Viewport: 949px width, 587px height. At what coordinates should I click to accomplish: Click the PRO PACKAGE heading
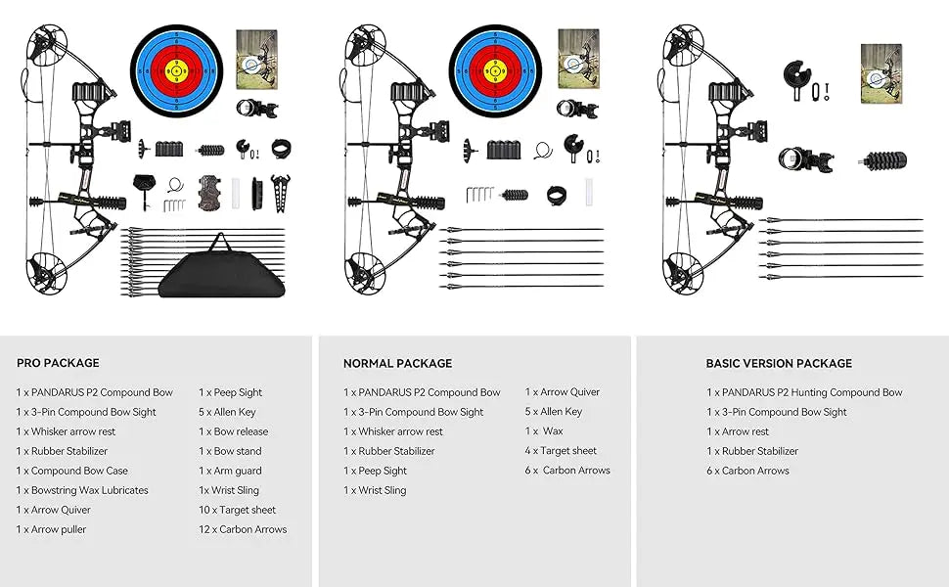(58, 363)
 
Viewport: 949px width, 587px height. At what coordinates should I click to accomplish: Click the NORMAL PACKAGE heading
(397, 363)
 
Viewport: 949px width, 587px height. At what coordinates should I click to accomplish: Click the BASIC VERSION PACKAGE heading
(779, 363)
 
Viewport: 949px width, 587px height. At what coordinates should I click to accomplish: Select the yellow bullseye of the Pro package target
(176, 70)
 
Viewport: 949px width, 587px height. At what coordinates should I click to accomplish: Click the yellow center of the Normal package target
(496, 70)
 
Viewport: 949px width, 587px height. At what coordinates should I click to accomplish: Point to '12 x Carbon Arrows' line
(243, 529)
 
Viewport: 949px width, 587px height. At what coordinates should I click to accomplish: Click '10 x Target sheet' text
(237, 510)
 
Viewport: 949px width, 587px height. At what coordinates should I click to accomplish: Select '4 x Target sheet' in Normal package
(561, 451)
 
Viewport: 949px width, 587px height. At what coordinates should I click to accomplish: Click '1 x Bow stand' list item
(230, 451)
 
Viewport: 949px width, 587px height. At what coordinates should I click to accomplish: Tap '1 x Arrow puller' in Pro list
(51, 529)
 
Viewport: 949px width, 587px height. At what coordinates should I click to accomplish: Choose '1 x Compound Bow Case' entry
(71, 471)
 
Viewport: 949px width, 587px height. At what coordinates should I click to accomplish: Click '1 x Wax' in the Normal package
(544, 431)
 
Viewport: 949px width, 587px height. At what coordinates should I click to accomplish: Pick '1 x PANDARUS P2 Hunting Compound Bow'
(804, 392)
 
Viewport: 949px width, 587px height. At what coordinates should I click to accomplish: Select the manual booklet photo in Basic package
(881, 73)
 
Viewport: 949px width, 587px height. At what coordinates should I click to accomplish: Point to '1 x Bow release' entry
(233, 431)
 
